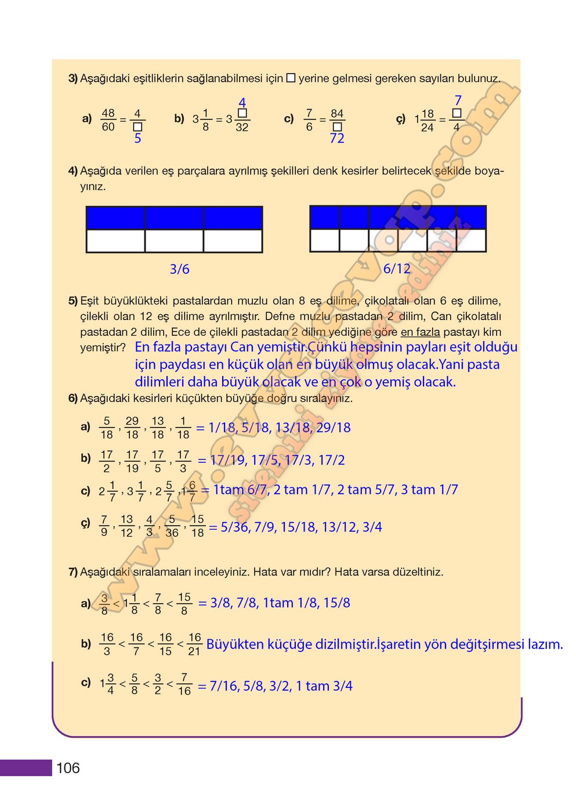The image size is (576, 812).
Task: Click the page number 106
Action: [x=68, y=768]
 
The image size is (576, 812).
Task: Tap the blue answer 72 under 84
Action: [x=337, y=138]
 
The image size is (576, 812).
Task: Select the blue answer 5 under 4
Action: [x=137, y=138]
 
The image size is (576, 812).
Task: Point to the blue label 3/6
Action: [x=179, y=269]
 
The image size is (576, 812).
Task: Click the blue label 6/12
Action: [x=397, y=269]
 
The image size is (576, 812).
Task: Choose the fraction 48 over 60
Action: [x=108, y=119]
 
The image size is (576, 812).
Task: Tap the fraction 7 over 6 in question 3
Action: [x=309, y=119]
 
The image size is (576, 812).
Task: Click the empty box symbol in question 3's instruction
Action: [x=291, y=78]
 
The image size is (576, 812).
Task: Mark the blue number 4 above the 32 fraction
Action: [x=242, y=103]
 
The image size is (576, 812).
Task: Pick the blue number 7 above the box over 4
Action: [x=458, y=100]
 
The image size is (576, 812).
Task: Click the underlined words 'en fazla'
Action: [x=420, y=332]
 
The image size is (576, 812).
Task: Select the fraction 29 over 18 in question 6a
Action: [x=132, y=427]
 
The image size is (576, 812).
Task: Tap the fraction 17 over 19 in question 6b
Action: [x=132, y=461]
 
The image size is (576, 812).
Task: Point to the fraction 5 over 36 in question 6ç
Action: [x=172, y=526]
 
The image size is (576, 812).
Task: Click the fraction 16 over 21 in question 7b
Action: [x=194, y=644]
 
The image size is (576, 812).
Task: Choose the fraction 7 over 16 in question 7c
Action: [x=184, y=684]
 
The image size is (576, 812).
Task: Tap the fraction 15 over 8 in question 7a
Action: [x=184, y=603]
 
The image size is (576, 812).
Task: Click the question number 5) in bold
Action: [x=73, y=300]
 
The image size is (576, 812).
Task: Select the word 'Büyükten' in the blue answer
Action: [x=234, y=644]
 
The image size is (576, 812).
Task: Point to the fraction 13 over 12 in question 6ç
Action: [x=126, y=526]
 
